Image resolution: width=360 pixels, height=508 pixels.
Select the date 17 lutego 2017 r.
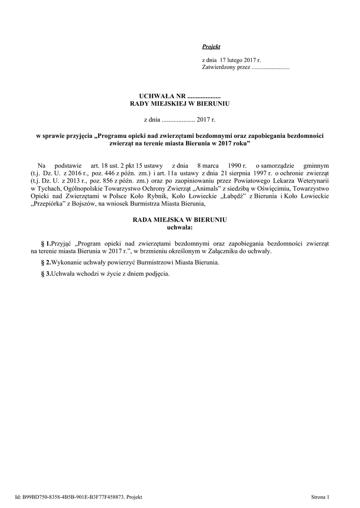[x=232, y=60]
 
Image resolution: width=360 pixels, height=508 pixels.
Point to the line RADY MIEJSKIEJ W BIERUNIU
[x=180, y=103]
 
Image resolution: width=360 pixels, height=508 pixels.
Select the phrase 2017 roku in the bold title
[x=232, y=143]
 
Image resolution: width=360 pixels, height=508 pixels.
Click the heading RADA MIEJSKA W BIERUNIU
[x=180, y=220]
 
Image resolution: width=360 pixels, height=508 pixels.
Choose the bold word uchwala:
[x=180, y=227]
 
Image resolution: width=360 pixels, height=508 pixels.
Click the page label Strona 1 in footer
[x=320, y=496]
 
